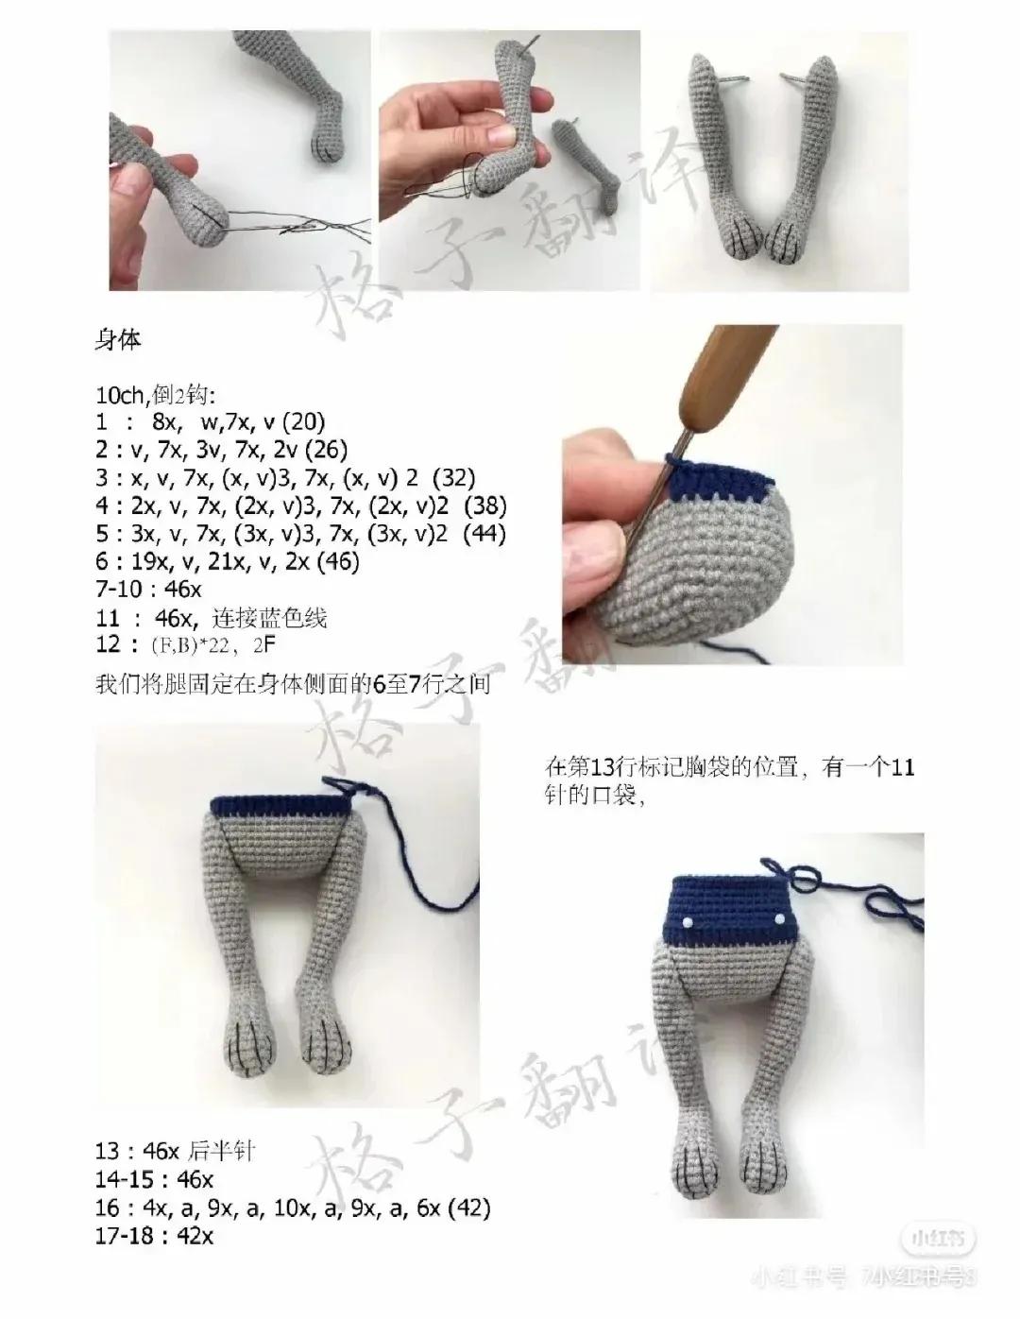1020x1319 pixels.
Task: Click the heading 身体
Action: [118, 340]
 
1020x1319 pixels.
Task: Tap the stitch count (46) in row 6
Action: [337, 562]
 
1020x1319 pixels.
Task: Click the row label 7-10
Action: [124, 591]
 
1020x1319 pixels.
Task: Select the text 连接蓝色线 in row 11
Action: [281, 619]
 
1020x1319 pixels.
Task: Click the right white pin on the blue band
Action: [781, 920]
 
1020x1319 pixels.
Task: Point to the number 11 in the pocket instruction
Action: [902, 769]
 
